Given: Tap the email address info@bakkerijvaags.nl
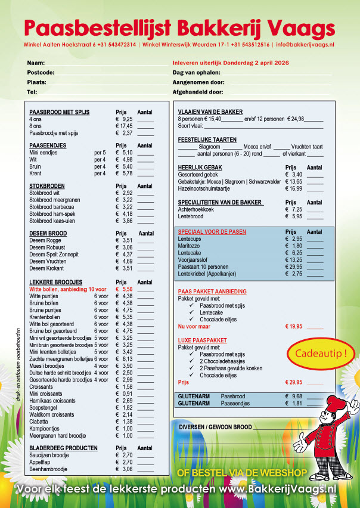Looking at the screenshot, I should pos(305,45).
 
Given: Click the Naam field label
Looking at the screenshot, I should pos(36,63).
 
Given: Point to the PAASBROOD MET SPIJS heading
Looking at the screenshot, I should pos(59,112).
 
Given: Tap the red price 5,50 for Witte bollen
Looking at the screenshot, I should pos(125,289).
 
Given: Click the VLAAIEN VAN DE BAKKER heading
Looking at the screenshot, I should pos(210,112).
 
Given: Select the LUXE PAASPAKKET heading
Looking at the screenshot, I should pos(202,339).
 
